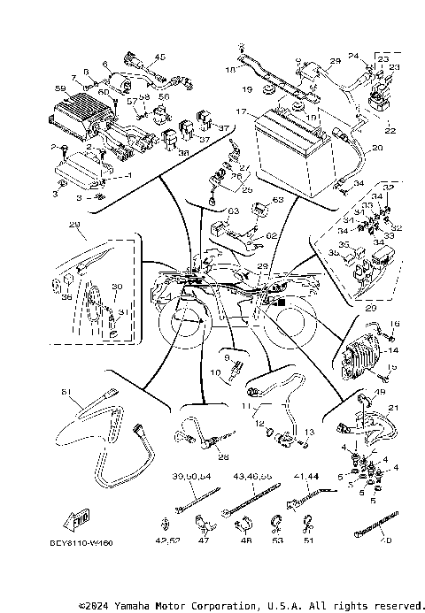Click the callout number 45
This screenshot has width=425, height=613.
[160, 57]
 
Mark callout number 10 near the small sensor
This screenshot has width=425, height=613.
[216, 374]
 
